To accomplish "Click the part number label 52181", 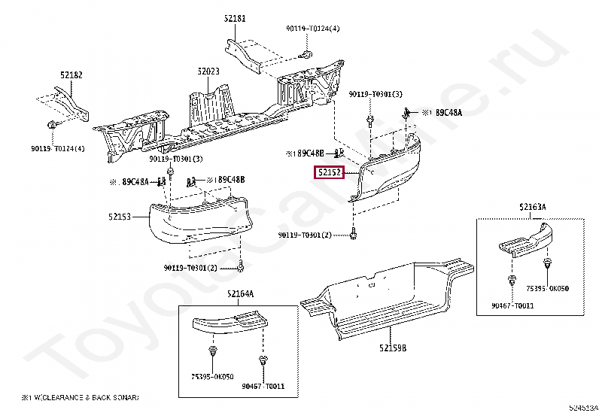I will [235, 17].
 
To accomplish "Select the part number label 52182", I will [71, 74].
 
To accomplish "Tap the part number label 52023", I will [208, 71].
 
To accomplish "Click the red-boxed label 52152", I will [329, 173].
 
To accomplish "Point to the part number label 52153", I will [119, 216].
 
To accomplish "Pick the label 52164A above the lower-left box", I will [241, 293].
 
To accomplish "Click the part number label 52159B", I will [393, 348].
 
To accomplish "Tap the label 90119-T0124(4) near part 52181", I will [312, 29].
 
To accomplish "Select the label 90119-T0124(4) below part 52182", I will [57, 147].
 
